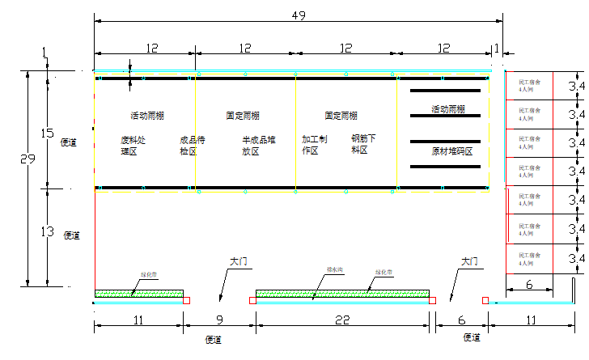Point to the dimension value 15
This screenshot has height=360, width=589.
(x=46, y=133)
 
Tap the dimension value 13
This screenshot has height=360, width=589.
(x=46, y=231)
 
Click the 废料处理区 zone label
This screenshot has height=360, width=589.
(x=135, y=145)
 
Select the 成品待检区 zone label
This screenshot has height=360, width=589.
(x=193, y=145)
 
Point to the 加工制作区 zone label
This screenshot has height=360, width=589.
(x=315, y=145)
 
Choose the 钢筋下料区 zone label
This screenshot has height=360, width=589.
(x=363, y=144)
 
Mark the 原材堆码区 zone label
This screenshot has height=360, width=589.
(x=451, y=151)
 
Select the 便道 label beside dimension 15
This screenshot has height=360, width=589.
(x=69, y=142)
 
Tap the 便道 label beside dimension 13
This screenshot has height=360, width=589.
(x=71, y=235)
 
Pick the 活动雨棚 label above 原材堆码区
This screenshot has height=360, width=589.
(x=447, y=109)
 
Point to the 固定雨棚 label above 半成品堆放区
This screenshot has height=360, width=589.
(x=243, y=116)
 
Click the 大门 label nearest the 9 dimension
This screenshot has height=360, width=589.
(x=237, y=262)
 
